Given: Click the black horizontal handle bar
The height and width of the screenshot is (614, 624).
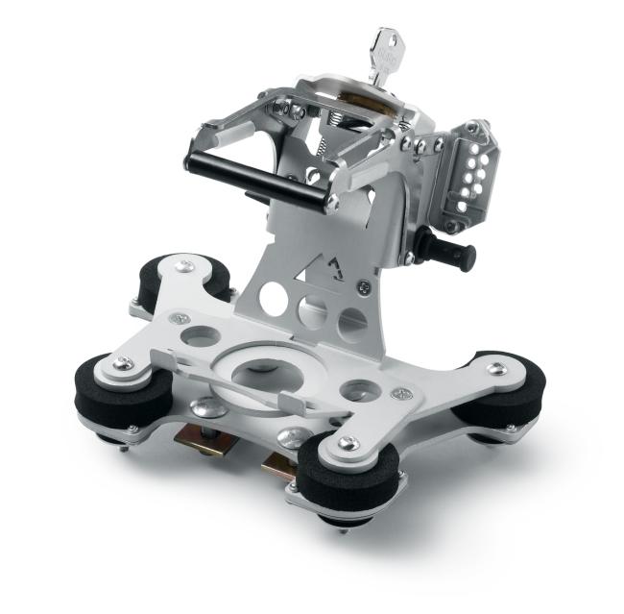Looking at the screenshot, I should pyautogui.click(x=254, y=180).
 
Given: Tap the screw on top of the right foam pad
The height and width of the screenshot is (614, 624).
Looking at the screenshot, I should pyautogui.click(x=495, y=368).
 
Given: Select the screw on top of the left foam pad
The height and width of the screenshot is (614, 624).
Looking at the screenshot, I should pyautogui.click(x=123, y=362).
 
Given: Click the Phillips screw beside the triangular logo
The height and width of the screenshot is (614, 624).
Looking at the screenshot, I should pyautogui.click(x=360, y=285).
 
